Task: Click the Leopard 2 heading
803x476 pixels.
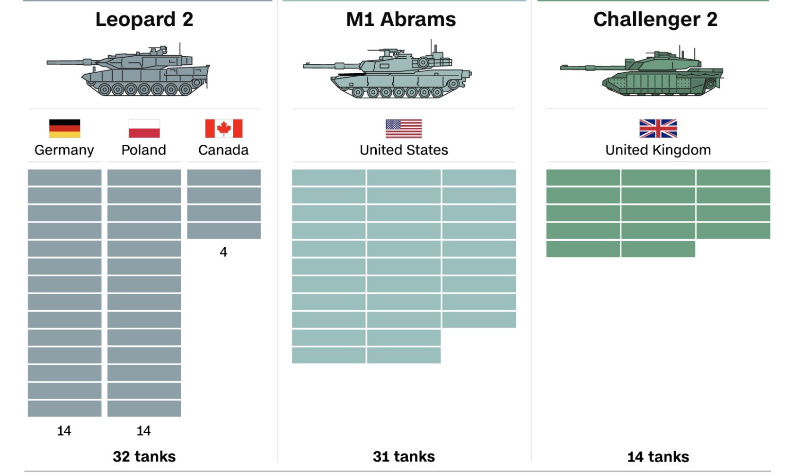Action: (144, 20)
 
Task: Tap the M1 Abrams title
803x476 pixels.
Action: (401, 20)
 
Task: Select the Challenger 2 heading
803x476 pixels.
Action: (655, 20)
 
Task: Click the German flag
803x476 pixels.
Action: (64, 128)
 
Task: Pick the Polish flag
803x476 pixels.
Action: (144, 128)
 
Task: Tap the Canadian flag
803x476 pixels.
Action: (223, 128)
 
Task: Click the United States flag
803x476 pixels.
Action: (404, 128)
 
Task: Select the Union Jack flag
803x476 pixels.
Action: (658, 128)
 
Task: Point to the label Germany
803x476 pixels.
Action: (64, 150)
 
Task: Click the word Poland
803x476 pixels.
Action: (144, 150)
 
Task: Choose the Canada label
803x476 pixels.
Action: (223, 150)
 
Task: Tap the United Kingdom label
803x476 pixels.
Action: (658, 150)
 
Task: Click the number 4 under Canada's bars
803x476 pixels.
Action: (223, 252)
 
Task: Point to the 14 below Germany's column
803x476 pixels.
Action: (64, 431)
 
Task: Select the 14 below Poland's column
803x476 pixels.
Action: (144, 431)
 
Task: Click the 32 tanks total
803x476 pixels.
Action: (144, 456)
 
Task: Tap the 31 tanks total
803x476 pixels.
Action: (404, 456)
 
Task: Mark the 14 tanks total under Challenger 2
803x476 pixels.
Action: (658, 456)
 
